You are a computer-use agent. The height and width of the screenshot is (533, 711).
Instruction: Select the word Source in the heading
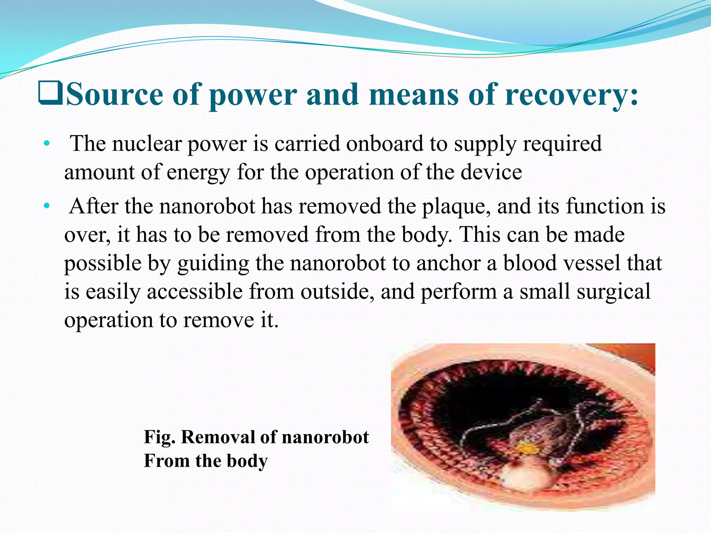115,94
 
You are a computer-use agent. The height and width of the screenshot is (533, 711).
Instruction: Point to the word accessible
194,291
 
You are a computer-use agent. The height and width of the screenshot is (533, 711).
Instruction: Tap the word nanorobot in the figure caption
325,437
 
